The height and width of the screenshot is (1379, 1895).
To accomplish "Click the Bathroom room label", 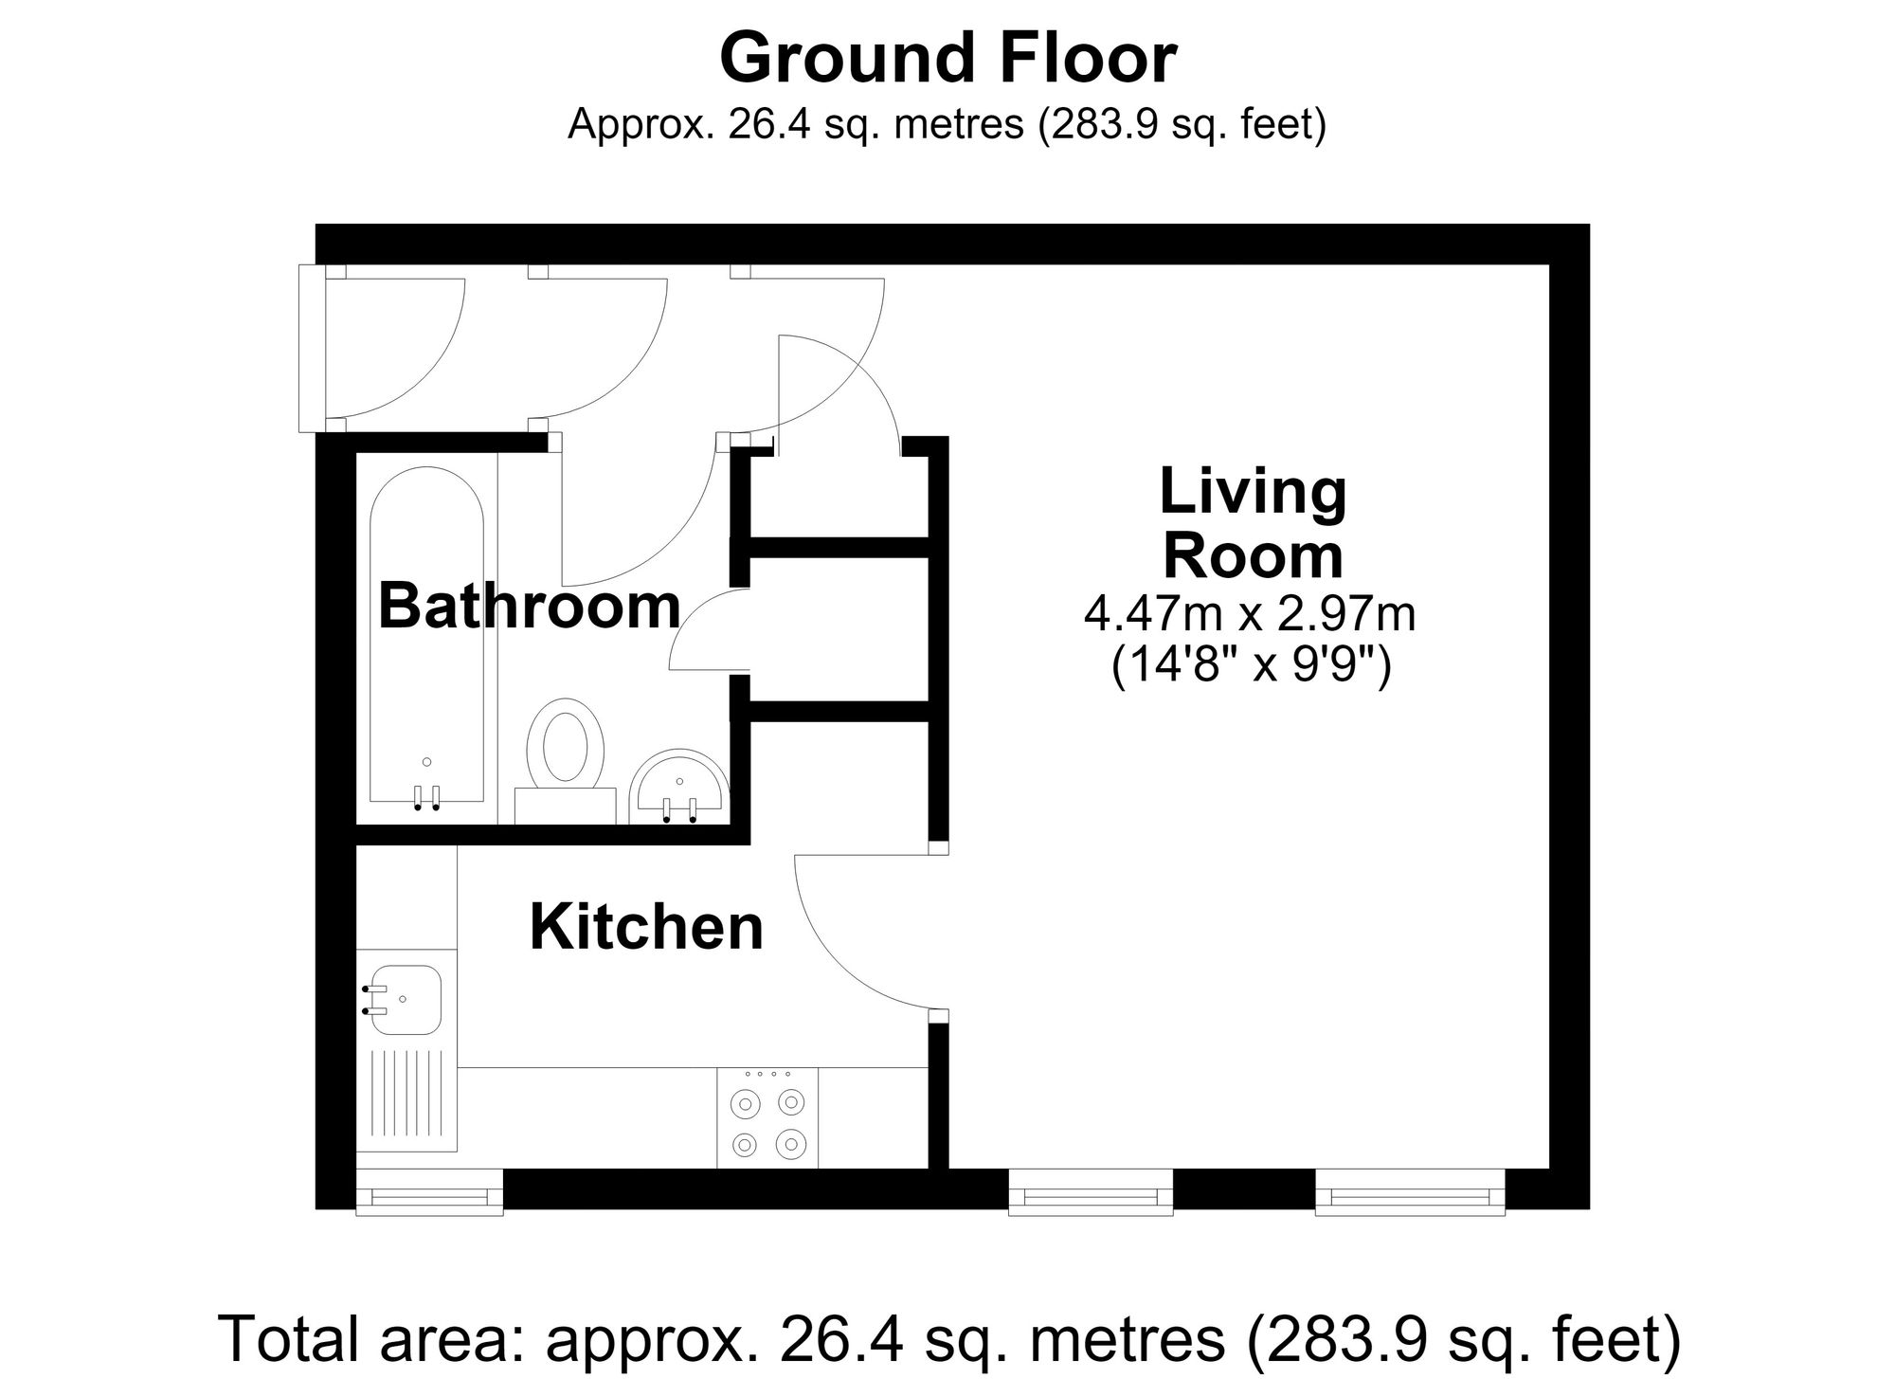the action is pos(530,606).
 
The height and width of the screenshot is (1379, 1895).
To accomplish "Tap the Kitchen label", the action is pos(646,927).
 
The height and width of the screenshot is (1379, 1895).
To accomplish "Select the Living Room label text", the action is pos(1253,523).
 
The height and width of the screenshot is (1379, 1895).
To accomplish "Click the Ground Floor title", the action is pos(947,59).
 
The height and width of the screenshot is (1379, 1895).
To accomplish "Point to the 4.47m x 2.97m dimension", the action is pos(1250,615).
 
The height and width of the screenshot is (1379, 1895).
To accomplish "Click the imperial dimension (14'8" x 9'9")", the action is pos(1251,667).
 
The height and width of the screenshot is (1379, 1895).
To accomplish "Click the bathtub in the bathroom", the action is pos(426,640).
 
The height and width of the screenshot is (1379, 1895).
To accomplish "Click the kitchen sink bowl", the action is pos(405,1001).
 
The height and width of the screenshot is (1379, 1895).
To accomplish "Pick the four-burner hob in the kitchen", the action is pos(767,1117).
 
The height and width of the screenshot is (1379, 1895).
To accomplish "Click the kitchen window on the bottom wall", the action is pos(429,1190).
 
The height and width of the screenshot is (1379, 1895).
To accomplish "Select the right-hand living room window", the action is pos(1410,1191).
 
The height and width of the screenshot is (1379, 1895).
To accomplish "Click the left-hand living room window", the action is pos(1091,1191).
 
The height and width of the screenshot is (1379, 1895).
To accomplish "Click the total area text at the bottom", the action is pos(950,1338).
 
